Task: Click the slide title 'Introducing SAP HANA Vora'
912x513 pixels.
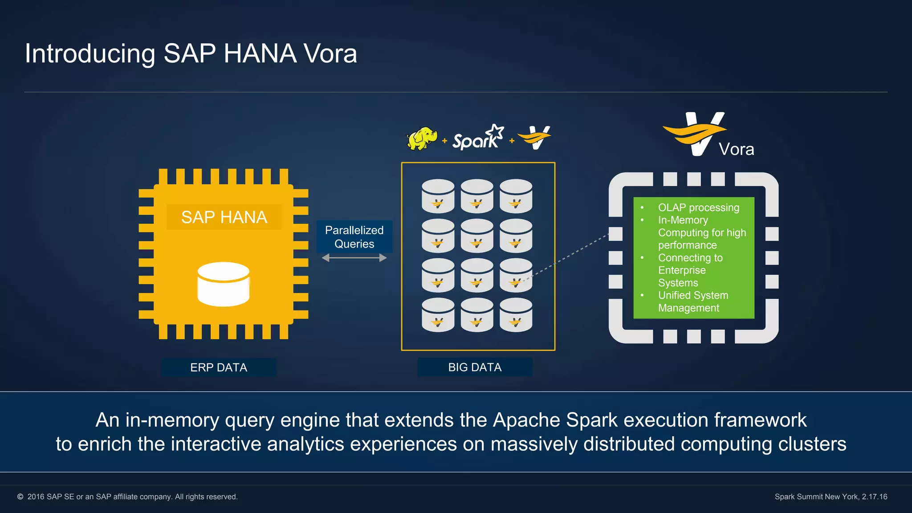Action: pos(191,53)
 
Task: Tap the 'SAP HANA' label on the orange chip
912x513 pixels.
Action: pos(224,217)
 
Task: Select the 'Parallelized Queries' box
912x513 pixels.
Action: pos(354,236)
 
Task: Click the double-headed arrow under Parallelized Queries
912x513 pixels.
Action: pos(354,258)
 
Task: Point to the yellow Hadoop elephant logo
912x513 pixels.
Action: pos(422,138)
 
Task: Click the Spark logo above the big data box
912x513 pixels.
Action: pos(478,138)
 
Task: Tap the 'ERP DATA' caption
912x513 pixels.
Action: pos(219,367)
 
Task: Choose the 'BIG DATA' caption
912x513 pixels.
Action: pos(475,367)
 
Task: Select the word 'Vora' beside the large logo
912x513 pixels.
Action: pos(737,150)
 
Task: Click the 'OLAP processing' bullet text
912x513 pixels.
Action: pos(698,208)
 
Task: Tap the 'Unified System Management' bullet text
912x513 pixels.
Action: pos(693,301)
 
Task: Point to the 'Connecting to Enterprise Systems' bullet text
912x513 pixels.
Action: pos(690,270)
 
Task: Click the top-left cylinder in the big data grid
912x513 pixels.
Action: pos(438,196)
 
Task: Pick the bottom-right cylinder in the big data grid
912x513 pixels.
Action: pos(516,315)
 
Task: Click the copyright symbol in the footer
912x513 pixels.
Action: pos(20,497)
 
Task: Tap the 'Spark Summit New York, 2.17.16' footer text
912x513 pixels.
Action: pos(831,497)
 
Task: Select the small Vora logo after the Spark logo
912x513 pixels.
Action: pos(535,138)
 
